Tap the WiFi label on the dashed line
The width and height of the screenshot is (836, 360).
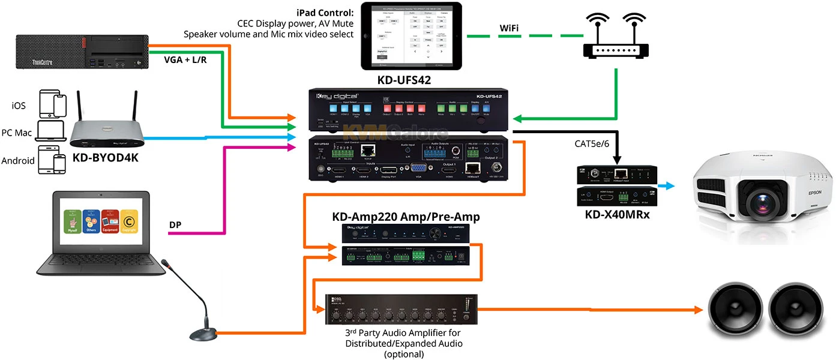point(510,28)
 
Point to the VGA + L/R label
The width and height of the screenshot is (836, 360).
point(188,60)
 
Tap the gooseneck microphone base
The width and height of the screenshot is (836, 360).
point(202,333)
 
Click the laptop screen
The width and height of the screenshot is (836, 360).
point(100,223)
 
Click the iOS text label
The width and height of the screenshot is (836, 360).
point(19,105)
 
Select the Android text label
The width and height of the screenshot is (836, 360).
point(18,160)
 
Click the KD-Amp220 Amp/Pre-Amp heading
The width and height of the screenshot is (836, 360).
point(406,217)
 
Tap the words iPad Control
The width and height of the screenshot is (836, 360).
point(323,13)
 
